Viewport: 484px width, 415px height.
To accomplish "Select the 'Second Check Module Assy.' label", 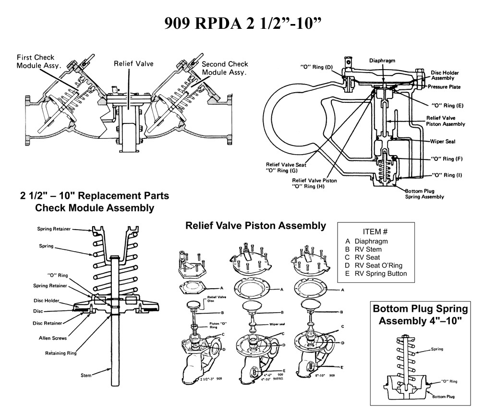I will [224, 68].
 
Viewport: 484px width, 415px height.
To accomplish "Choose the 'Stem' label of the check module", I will [86, 376].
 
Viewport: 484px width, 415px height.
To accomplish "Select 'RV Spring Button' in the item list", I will [380, 273].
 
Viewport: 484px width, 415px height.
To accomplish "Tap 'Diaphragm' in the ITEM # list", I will [371, 241].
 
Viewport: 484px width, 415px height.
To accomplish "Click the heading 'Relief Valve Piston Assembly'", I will [255, 225].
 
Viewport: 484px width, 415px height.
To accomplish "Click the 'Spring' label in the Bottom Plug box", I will [436, 349].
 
